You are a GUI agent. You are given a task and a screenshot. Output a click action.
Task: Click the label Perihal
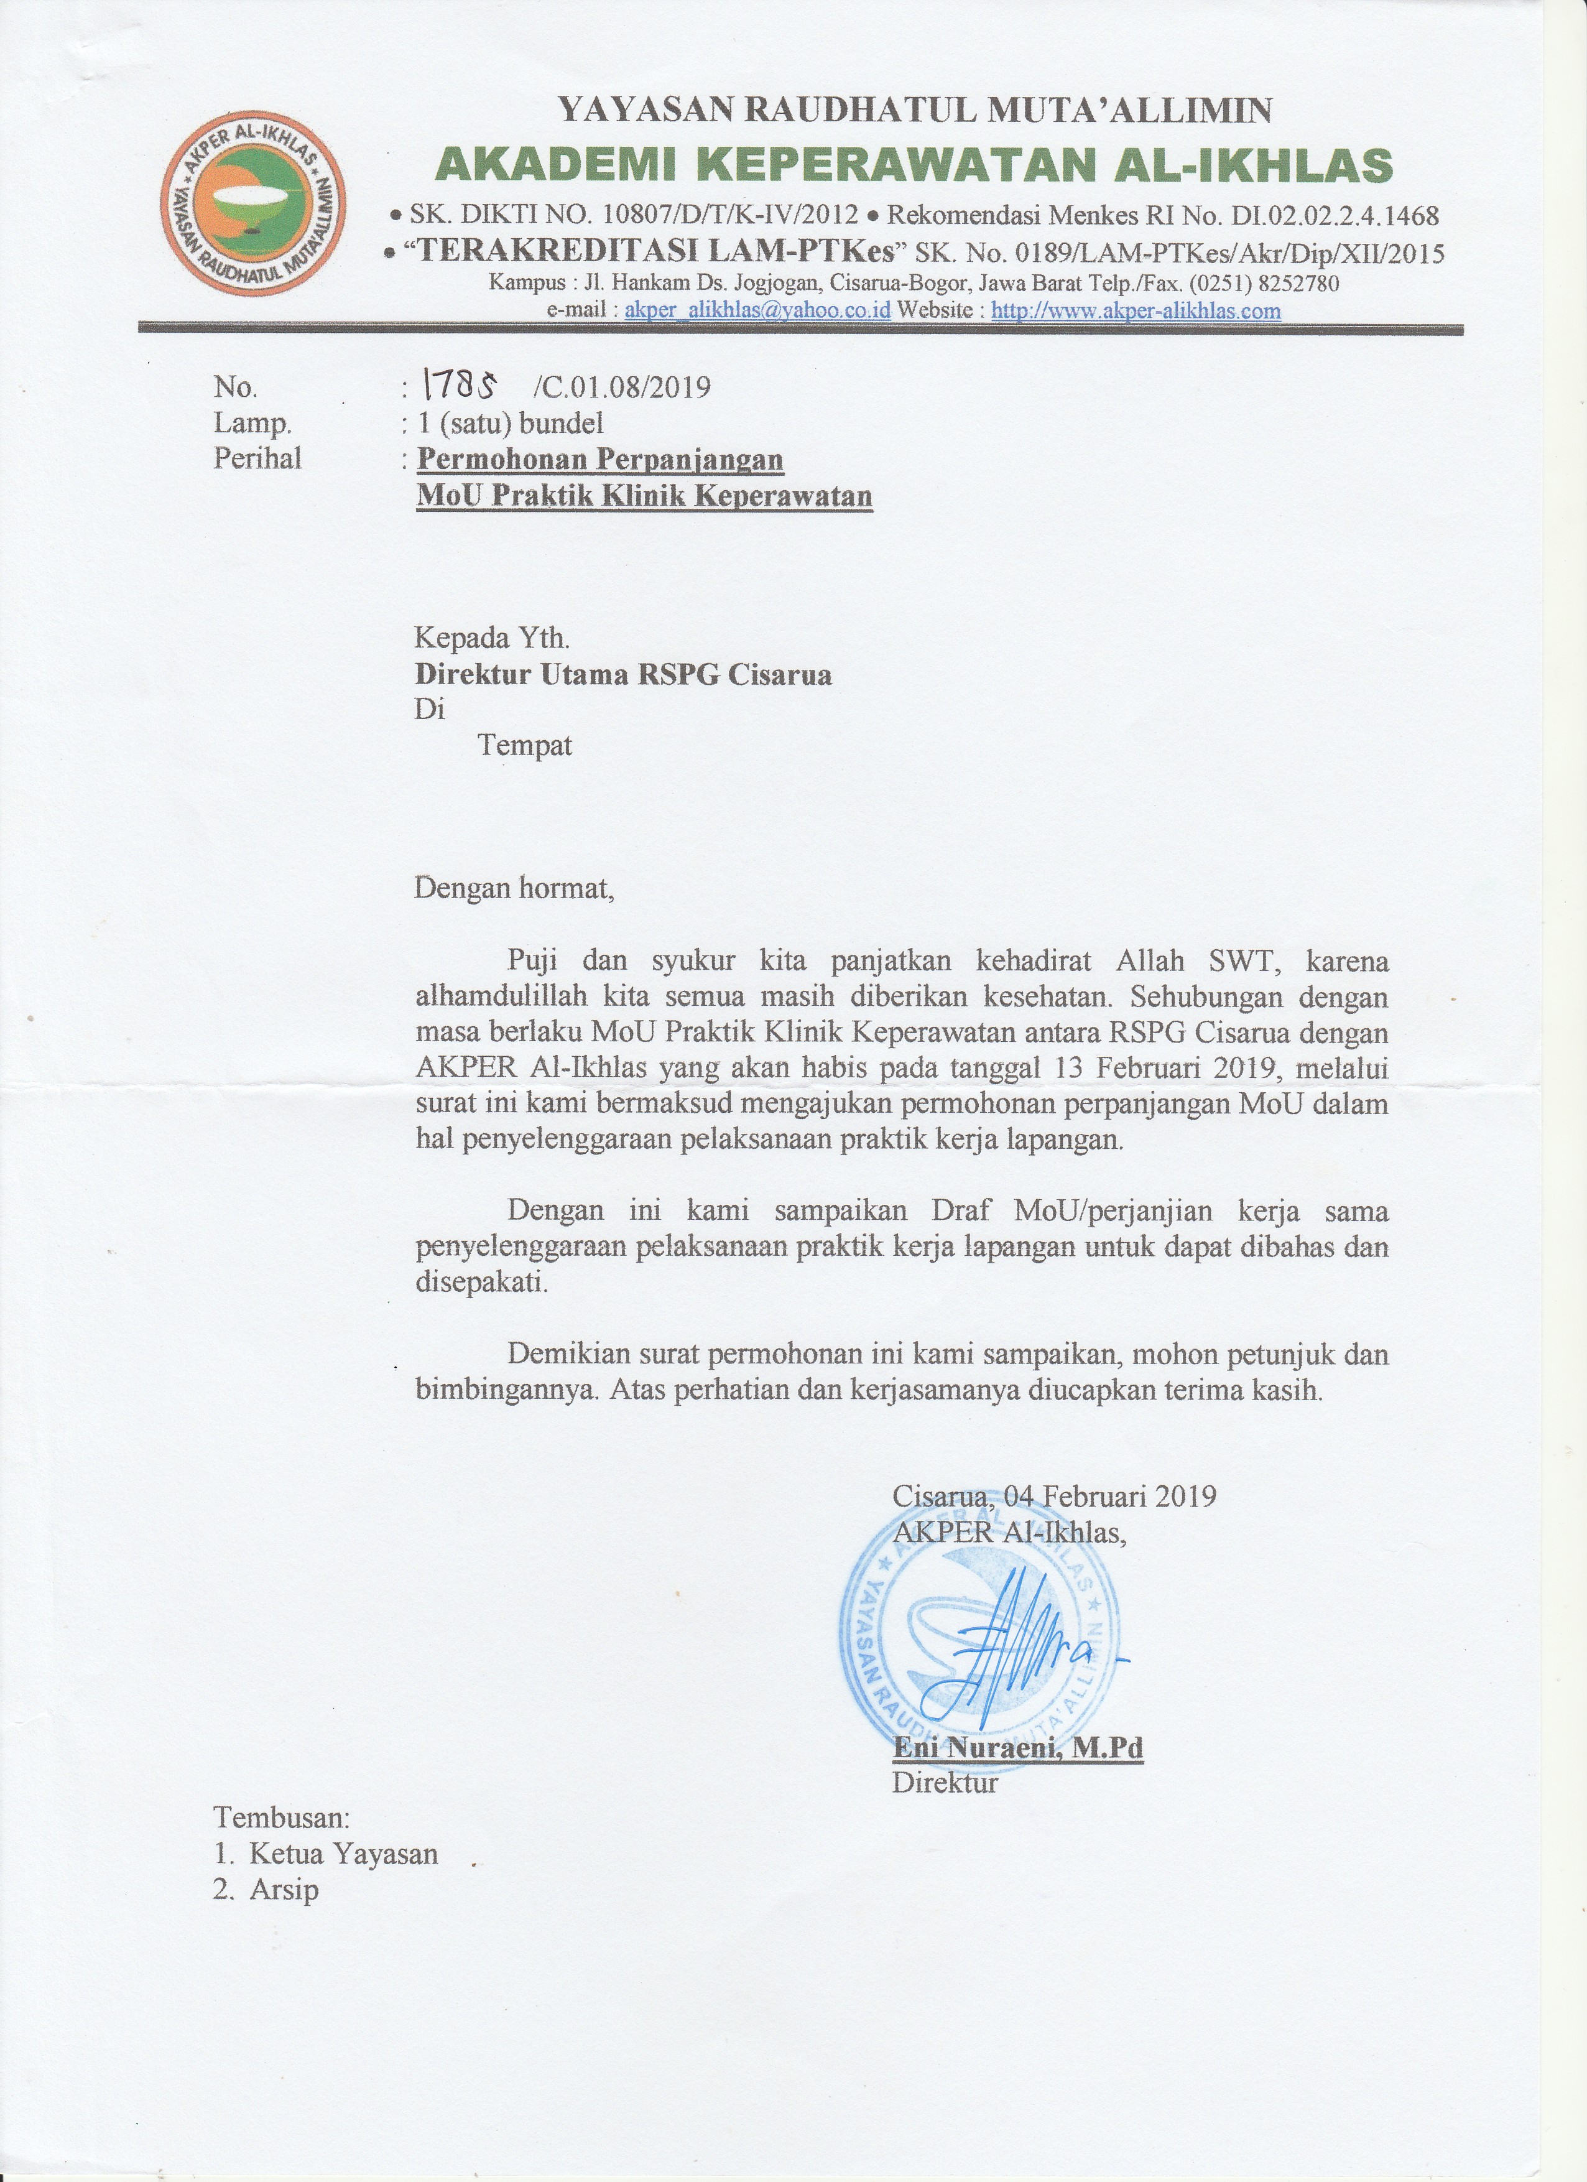pyautogui.click(x=257, y=459)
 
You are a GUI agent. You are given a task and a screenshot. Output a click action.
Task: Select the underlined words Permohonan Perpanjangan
pyautogui.click(x=600, y=459)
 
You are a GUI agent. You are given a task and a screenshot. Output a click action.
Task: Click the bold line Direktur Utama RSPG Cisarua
pyautogui.click(x=622, y=674)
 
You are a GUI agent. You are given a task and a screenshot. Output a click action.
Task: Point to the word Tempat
pyautogui.click(x=525, y=746)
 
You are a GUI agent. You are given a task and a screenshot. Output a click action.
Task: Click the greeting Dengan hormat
pyautogui.click(x=512, y=886)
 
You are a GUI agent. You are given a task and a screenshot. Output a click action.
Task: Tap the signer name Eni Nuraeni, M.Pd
pyautogui.click(x=1017, y=1747)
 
